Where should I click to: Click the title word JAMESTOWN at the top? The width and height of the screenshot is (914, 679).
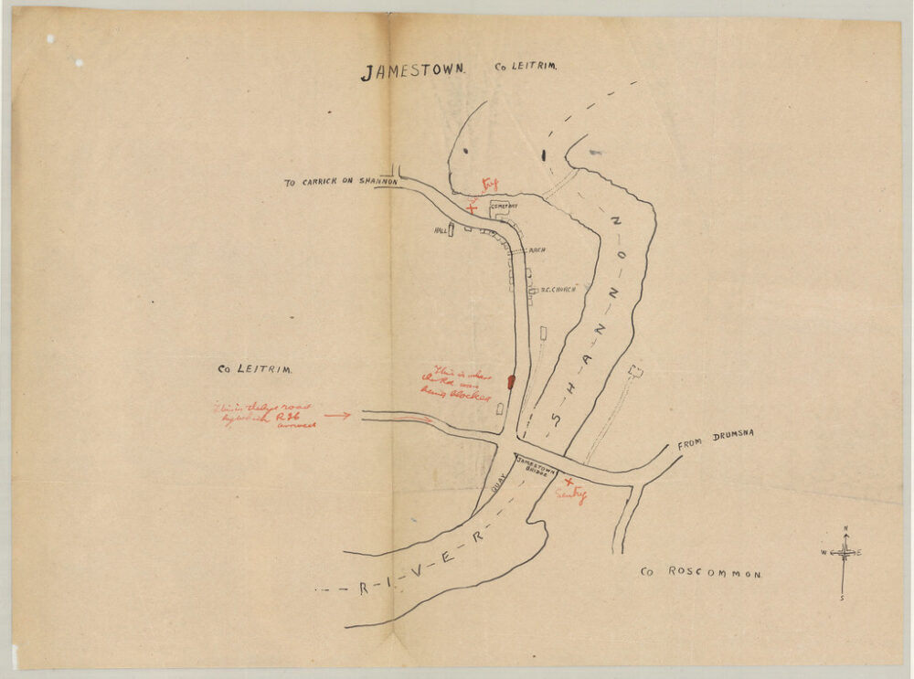pos(413,71)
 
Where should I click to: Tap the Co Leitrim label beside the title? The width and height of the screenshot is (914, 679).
pos(526,67)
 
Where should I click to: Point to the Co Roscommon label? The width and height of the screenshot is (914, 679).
pos(700,572)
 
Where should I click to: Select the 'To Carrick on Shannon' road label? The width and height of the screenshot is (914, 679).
pos(340,183)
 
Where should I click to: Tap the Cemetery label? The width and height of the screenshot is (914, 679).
pos(505,207)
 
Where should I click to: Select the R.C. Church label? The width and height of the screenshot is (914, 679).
pos(557,290)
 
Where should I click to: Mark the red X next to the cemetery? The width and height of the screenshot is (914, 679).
pos(472,207)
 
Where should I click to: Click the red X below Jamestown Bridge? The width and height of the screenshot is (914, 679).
pos(569,482)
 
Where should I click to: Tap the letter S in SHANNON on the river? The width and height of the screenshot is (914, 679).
pos(555,419)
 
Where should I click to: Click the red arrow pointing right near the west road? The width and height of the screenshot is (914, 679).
pos(336,415)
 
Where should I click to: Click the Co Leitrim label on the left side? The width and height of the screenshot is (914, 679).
pos(254,370)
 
